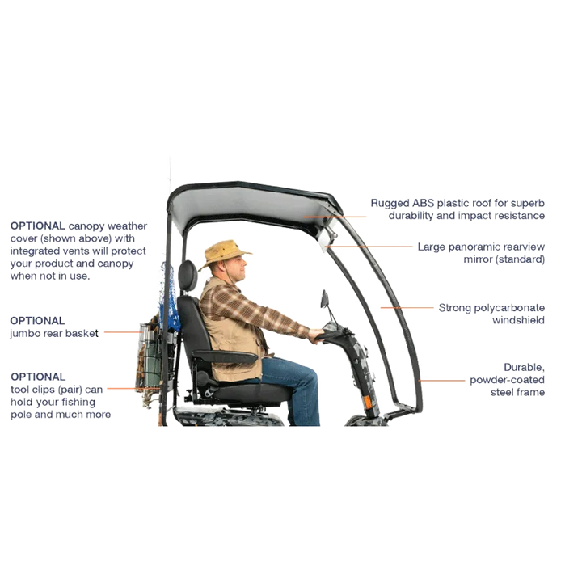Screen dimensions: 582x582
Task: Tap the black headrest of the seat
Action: (x=188, y=276)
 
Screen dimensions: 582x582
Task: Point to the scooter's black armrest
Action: (x=226, y=356)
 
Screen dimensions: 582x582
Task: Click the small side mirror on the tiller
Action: (x=324, y=299)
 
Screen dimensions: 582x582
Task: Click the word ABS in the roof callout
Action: (x=423, y=203)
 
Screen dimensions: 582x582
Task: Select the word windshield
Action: (x=518, y=320)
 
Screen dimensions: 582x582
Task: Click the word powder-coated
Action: (x=507, y=380)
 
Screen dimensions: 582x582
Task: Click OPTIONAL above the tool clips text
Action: (x=38, y=377)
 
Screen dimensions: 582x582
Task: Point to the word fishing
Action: (x=78, y=403)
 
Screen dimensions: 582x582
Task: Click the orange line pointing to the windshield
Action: (x=407, y=308)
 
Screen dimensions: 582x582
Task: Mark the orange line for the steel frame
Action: (x=441, y=381)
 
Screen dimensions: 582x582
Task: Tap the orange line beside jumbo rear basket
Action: (x=123, y=332)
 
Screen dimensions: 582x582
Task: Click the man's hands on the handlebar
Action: (x=316, y=335)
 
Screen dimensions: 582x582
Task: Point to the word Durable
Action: (x=524, y=368)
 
